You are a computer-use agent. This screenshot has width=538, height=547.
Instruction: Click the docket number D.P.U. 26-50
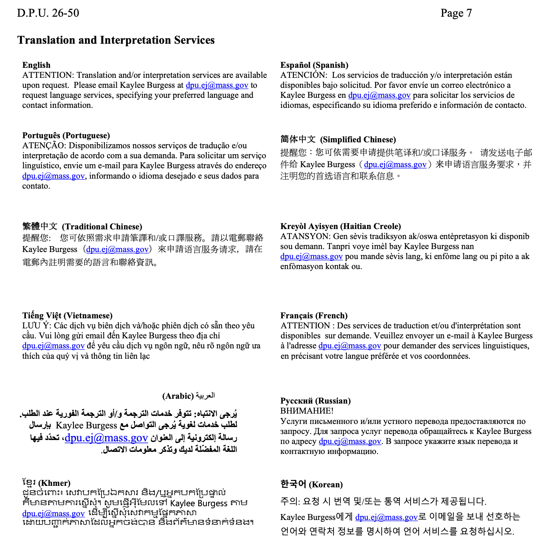48,13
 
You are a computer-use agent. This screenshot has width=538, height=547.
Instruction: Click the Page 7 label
456,13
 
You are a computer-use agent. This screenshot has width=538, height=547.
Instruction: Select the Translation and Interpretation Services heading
116,40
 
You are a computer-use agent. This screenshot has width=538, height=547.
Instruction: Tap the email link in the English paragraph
217,85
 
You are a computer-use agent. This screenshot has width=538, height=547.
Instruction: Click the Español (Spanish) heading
314,65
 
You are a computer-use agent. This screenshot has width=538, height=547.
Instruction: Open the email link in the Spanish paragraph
379,95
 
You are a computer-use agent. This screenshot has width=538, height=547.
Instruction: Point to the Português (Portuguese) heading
66,136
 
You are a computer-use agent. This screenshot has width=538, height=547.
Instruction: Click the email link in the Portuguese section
53,176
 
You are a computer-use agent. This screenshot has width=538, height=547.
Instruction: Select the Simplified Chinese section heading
338,140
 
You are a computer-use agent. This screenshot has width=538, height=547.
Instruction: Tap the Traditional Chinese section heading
82,226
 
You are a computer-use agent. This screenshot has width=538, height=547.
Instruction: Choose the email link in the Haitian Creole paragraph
311,256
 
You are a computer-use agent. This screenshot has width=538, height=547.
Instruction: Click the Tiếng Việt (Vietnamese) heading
67,316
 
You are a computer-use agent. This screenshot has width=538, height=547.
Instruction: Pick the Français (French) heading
314,316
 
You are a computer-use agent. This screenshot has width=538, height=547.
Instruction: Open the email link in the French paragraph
349,346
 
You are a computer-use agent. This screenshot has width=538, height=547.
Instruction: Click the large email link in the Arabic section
106,438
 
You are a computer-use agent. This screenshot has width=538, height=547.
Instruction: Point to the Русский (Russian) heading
315,401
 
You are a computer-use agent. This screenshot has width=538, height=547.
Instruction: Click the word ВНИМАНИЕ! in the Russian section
307,411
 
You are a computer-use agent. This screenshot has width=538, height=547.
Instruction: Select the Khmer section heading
46,483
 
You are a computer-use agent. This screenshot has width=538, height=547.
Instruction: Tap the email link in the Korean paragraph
386,517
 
